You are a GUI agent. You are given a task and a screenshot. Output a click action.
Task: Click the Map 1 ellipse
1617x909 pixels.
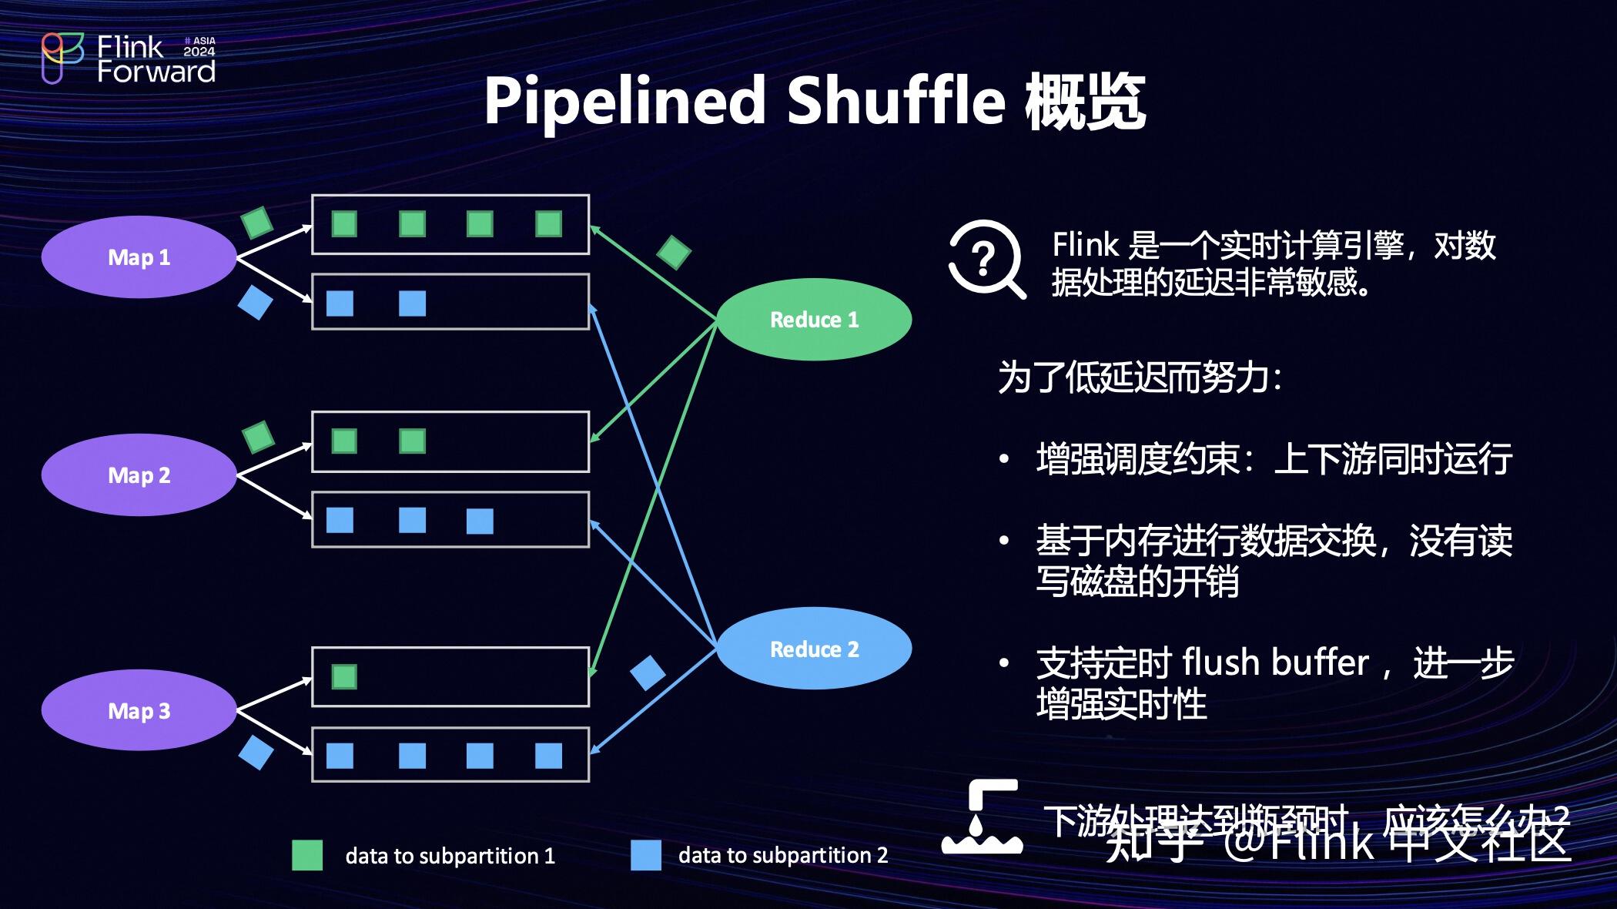tap(139, 257)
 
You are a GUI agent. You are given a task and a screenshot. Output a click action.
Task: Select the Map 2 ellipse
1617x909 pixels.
tap(139, 475)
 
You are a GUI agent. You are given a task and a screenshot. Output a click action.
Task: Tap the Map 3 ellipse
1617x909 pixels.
tap(139, 710)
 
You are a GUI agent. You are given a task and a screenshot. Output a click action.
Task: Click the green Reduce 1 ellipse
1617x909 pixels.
tap(814, 320)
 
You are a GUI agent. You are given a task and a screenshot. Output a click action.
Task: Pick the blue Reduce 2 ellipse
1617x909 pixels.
tap(814, 649)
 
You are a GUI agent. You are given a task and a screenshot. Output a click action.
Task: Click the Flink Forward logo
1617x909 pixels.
tap(127, 59)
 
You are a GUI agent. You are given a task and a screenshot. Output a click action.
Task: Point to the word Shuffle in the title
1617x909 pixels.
tap(896, 101)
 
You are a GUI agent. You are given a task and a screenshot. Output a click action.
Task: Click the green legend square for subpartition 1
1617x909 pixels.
tap(307, 855)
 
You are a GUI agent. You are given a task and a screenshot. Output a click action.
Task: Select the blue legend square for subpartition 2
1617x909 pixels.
tap(645, 855)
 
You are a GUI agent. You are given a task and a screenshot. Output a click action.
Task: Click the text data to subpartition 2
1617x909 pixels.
tap(783, 855)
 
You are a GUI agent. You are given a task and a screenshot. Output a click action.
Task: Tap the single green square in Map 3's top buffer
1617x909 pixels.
tap(344, 677)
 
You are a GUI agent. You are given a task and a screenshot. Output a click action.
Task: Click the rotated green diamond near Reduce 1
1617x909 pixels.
tap(674, 252)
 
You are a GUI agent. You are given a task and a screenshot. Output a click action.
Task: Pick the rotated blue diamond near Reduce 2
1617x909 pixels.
tap(648, 673)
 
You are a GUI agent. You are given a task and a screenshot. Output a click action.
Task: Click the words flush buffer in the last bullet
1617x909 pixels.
tap(1275, 663)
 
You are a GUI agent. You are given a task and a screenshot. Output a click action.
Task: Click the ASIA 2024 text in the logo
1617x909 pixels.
tap(199, 46)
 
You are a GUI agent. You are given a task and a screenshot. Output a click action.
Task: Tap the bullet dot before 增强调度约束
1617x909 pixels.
tap(1004, 460)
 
